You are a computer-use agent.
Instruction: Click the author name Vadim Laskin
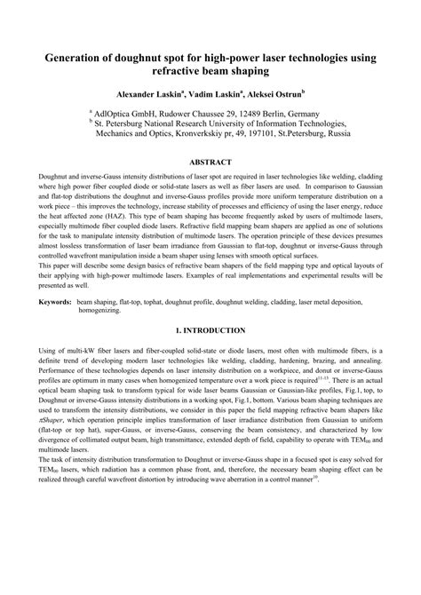tap(210, 92)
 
